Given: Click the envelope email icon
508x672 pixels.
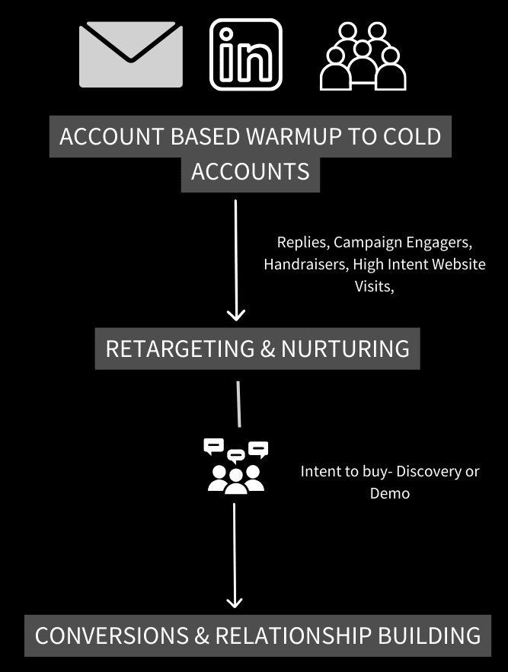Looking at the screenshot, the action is [131, 55].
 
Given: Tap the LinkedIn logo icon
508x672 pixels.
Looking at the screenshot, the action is [246, 55].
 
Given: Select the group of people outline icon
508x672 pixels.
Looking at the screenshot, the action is [363, 56].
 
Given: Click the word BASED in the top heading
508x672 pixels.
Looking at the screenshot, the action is [205, 136].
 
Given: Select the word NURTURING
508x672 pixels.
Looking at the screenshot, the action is [345, 349].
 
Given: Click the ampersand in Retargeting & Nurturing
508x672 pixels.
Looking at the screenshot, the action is [268, 349].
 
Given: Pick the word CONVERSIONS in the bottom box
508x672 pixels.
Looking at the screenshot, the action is [111, 635].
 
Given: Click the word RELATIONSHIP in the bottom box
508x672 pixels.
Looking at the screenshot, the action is [293, 635].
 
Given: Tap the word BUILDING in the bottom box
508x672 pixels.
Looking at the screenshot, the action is [429, 635].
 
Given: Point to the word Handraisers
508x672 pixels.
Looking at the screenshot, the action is [306, 264].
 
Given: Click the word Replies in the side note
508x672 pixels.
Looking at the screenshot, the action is [303, 243].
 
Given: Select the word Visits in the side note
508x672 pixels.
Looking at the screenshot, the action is [374, 286].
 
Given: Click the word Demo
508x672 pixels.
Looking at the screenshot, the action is [390, 493].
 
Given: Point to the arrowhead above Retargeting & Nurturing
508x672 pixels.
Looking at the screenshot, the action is [236, 315].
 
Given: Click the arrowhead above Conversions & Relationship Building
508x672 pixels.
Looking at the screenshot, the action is [235, 602].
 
